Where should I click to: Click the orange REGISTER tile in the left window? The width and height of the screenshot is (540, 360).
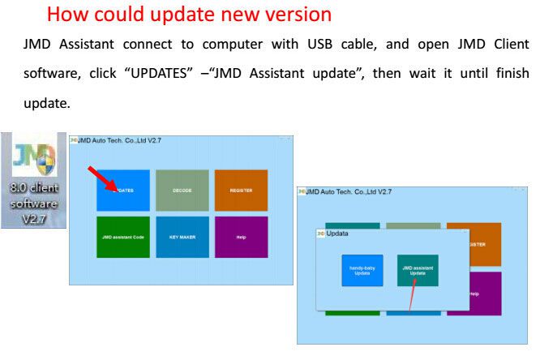241,191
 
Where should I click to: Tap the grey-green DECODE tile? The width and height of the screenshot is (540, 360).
182,191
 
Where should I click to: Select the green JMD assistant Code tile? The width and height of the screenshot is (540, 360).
123,237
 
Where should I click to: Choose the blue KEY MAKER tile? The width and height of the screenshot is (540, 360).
182,237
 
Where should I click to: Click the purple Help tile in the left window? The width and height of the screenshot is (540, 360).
241,237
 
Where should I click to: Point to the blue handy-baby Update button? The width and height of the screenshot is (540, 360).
362,270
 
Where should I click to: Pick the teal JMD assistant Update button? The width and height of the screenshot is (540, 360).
418,270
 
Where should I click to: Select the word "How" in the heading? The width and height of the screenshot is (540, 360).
66,14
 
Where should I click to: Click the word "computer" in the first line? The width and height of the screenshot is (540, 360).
227,44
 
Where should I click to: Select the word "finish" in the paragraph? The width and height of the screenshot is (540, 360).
508,73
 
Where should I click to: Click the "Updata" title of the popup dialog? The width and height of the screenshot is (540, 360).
336,234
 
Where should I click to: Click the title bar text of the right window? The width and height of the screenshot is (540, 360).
349,191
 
